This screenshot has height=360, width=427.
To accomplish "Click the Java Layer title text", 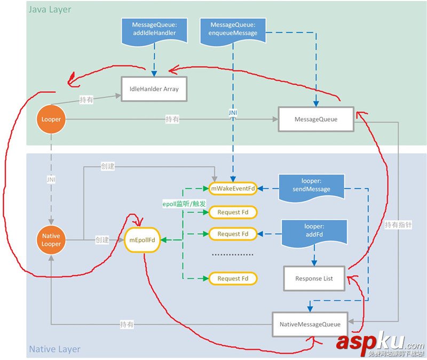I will tap(49, 10).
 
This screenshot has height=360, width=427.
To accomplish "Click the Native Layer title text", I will tap(54, 349).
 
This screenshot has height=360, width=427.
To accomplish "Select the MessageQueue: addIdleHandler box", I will tap(154, 29).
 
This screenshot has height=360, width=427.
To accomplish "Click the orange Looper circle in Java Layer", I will tap(51, 119).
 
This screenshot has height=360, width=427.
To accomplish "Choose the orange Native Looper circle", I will tap(51, 240).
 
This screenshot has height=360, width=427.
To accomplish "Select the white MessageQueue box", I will tap(316, 119).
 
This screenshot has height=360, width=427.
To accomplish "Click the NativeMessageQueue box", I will tap(309, 324).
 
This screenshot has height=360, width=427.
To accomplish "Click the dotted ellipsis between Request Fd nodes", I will tap(232, 255).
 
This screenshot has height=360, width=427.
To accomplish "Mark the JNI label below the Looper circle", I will tap(51, 180).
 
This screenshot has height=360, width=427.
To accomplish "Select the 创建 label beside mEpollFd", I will tap(102, 240).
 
